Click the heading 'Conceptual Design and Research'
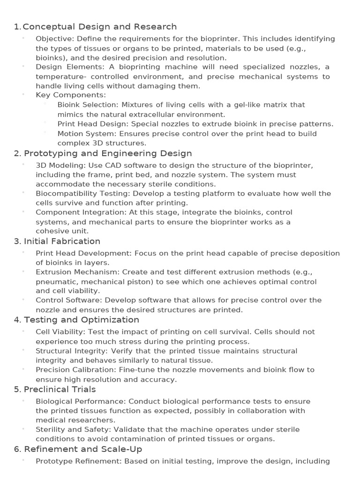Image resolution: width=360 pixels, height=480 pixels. coord(99,27)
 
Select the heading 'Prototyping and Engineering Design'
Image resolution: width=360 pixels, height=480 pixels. coord(108,153)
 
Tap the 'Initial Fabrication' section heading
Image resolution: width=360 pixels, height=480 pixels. coord(62,241)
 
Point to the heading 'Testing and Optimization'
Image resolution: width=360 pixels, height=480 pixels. coord(82,320)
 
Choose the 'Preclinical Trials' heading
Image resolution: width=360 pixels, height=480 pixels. coord(60,390)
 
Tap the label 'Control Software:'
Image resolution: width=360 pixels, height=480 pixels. coord(68,300)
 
